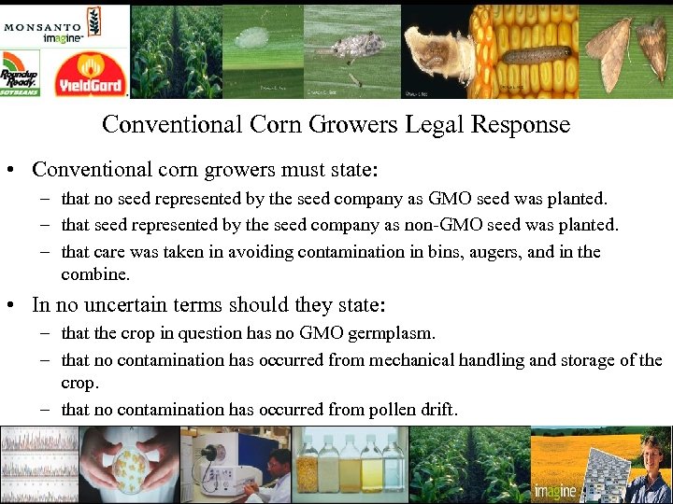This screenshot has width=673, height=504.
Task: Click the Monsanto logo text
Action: [44, 26]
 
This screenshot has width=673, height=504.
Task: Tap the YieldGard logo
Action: [91, 74]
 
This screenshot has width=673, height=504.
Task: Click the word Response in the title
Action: [523, 124]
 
